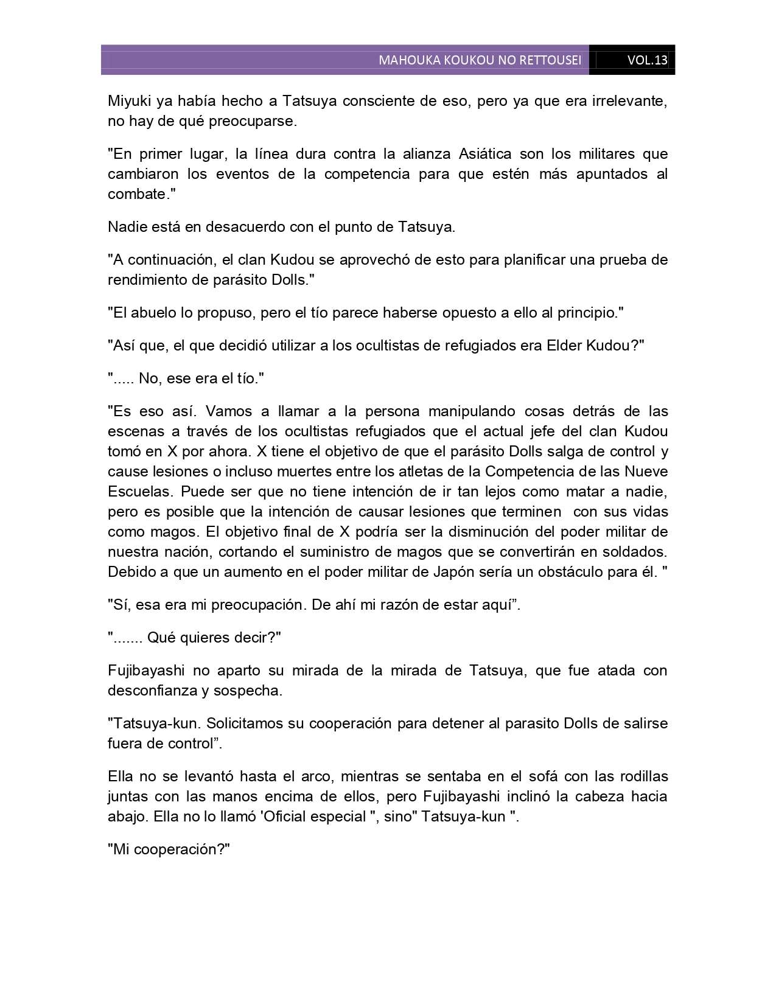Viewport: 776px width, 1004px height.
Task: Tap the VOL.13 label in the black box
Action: coord(648,60)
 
